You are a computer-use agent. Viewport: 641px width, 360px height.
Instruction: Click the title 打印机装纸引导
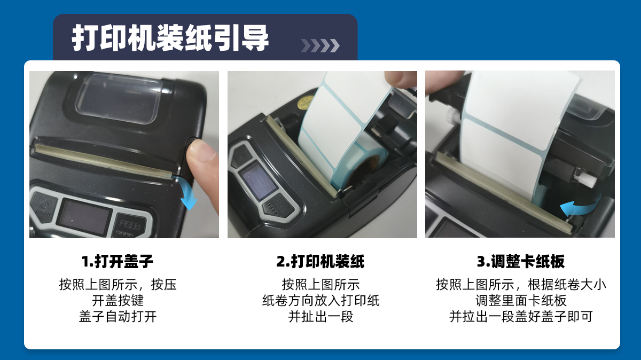click(170, 38)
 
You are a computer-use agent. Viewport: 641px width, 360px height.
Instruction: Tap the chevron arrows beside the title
click(320, 45)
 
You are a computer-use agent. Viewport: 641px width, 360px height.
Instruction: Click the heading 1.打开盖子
click(118, 261)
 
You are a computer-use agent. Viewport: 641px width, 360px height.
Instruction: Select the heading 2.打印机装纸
click(320, 261)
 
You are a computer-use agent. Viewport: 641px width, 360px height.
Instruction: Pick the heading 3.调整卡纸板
click(520, 261)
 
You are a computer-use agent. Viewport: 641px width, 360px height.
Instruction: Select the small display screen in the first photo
click(83, 216)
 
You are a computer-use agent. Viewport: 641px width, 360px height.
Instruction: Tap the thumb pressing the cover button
click(202, 171)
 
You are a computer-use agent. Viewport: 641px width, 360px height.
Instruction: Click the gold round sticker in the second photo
click(304, 103)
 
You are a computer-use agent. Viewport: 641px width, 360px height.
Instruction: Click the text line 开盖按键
click(118, 301)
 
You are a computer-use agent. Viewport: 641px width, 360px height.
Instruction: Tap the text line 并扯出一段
click(320, 317)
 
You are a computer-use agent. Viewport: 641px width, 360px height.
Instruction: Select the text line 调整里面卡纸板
click(521, 301)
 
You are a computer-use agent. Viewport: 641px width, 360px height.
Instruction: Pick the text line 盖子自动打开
click(118, 317)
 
